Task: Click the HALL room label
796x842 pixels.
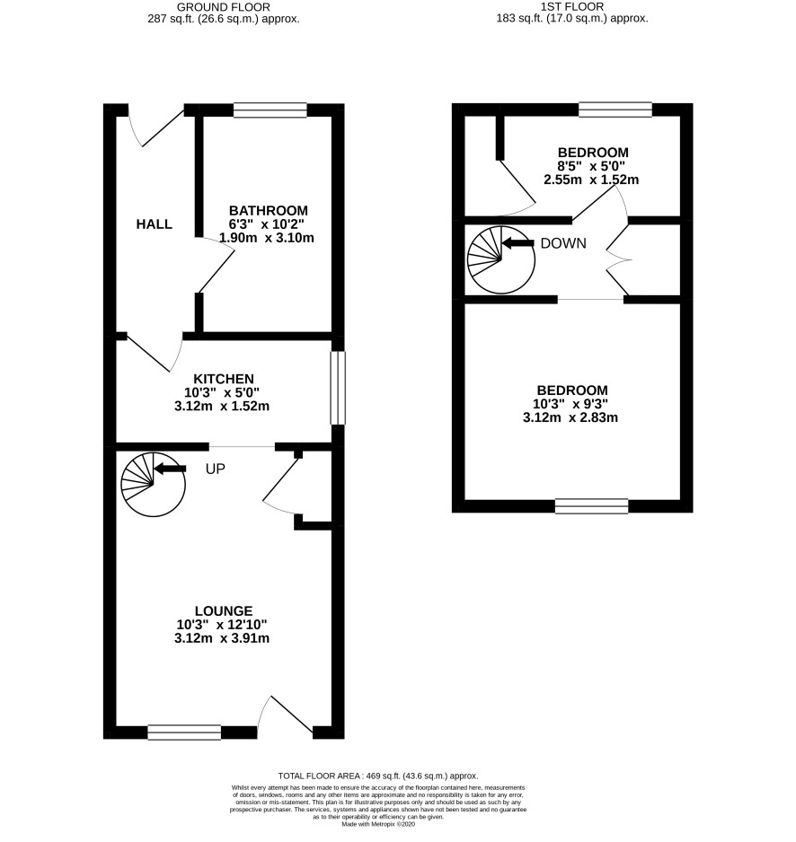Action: (x=155, y=224)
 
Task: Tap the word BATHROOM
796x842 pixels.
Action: (x=269, y=210)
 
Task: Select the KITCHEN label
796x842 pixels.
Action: (x=224, y=379)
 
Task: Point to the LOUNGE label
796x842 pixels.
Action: (x=224, y=610)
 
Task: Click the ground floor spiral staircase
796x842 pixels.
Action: (x=153, y=485)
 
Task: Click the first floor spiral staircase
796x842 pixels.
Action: (x=501, y=260)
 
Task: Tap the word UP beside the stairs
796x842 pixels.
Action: (x=215, y=469)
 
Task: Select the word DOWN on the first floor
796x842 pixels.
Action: (x=563, y=243)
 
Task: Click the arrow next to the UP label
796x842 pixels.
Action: (x=170, y=469)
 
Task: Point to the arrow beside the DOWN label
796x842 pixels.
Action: (x=517, y=243)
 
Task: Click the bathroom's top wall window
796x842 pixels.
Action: (x=270, y=110)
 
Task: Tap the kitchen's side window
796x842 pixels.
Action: (x=338, y=388)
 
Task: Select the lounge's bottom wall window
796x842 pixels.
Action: (x=184, y=732)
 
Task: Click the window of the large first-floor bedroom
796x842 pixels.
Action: (x=592, y=506)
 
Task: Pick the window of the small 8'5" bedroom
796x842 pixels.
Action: (x=615, y=110)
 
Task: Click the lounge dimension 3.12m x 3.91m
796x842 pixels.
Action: (x=221, y=638)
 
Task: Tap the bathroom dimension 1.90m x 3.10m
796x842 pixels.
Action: (x=267, y=237)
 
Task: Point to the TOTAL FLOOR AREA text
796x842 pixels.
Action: (x=378, y=776)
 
